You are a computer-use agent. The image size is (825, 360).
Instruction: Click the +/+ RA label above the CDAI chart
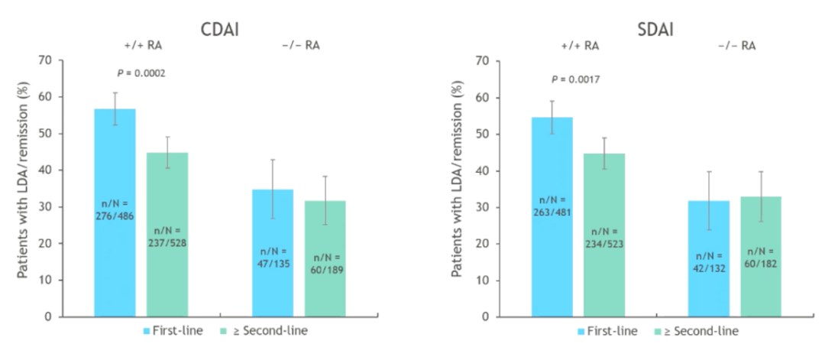pos(143,46)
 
